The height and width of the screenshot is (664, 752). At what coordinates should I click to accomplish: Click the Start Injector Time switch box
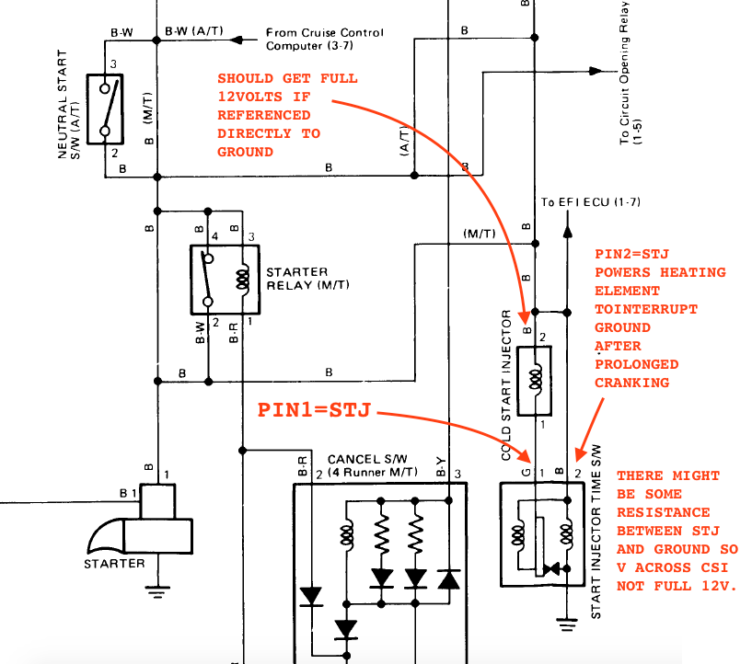point(538,533)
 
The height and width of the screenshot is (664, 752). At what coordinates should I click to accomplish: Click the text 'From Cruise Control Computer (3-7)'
point(324,39)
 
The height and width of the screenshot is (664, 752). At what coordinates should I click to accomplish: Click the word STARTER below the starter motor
point(114,563)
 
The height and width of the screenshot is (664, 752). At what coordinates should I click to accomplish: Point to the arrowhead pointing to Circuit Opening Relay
point(596,71)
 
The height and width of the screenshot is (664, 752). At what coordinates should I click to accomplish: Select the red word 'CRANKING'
point(632,383)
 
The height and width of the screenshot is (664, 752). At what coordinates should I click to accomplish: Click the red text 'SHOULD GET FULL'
point(286,78)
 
